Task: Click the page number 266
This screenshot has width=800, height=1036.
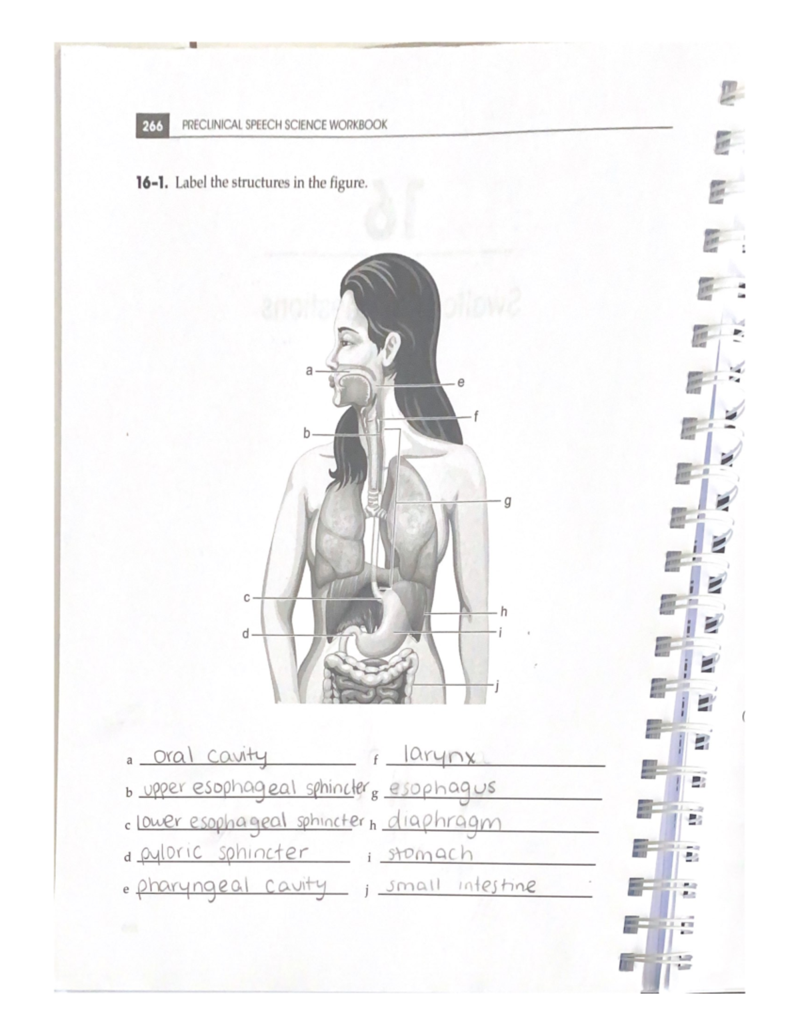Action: (152, 125)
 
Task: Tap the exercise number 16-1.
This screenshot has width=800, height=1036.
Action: (152, 183)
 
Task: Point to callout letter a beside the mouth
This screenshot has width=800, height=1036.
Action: (309, 370)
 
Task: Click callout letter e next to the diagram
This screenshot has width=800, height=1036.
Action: (461, 383)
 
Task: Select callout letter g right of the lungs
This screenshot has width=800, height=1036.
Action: (507, 500)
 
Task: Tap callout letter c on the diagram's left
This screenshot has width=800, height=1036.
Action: (246, 598)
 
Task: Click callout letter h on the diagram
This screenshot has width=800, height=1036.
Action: (504, 611)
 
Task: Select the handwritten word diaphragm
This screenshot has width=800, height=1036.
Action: (444, 822)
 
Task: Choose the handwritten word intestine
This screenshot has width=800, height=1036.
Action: (497, 886)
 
